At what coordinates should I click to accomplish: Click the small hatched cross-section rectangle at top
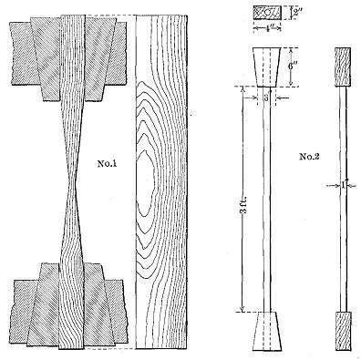point(263,16)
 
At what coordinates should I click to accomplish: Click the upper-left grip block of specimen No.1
point(28,55)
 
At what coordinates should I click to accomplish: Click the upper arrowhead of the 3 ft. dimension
point(243,89)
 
